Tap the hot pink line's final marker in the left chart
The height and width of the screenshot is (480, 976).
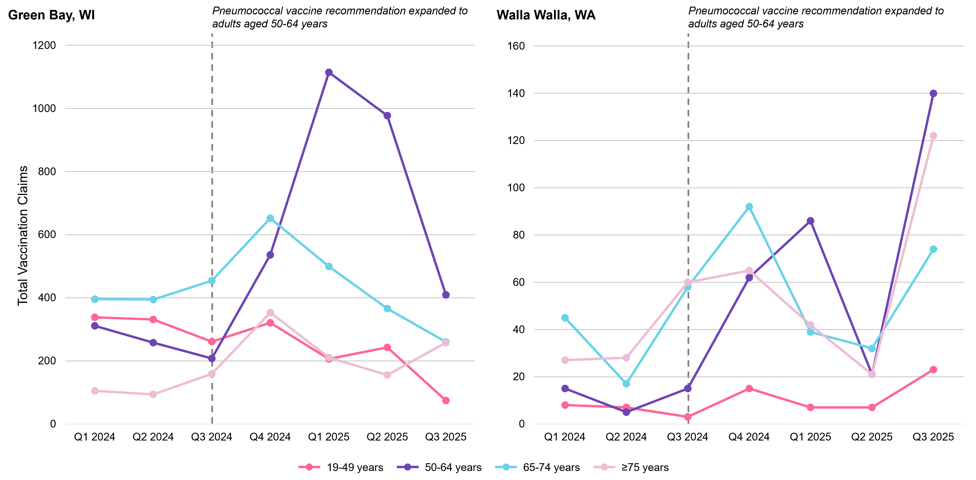click(x=446, y=401)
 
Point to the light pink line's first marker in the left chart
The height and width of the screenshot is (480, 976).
click(x=95, y=391)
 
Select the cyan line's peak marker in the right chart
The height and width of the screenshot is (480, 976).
click(x=749, y=206)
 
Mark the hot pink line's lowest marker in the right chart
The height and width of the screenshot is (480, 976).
click(x=688, y=417)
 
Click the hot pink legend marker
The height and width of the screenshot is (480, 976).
click(x=309, y=467)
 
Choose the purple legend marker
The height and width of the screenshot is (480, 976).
click(x=408, y=467)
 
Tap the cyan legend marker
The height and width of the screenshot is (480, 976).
click(x=506, y=467)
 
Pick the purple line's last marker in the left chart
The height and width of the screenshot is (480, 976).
click(x=446, y=295)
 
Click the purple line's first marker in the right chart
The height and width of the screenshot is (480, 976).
click(x=565, y=388)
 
